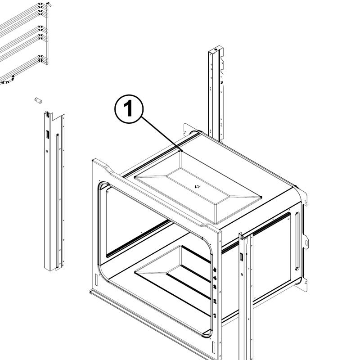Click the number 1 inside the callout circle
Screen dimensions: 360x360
(128, 108)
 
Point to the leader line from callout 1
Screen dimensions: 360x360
(162, 134)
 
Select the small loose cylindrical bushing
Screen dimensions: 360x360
(38, 100)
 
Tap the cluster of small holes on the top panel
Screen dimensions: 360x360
(197, 186)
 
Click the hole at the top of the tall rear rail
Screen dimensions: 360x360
(216, 49)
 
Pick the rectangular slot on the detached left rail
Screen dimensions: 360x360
(48, 134)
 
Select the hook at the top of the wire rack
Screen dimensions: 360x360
(49, 4)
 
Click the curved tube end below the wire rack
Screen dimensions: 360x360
(8, 81)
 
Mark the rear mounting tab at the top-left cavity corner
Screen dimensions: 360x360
(187, 130)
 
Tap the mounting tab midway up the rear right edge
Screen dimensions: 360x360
(306, 242)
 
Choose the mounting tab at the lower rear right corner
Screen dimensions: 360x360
(303, 284)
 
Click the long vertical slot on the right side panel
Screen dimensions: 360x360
(297, 241)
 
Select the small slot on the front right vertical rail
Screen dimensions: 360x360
(242, 256)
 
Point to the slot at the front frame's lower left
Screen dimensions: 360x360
(96, 279)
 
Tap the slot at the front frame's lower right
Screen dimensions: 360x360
(213, 347)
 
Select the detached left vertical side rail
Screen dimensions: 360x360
(54, 191)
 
